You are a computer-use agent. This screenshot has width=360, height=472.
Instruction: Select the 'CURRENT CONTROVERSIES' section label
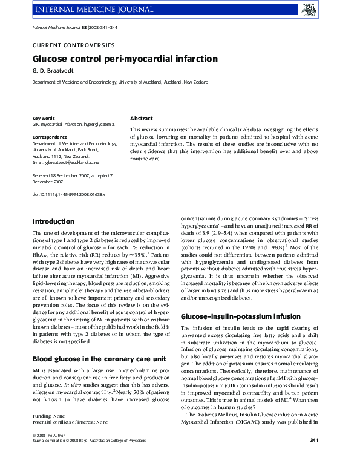click(x=73, y=45)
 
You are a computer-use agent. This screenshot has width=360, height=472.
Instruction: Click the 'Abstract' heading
click(x=142, y=119)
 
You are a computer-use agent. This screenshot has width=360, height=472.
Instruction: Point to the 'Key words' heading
click(x=44, y=118)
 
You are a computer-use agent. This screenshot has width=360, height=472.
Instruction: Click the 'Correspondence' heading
click(x=50, y=137)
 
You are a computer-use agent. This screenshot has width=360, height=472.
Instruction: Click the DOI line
click(x=68, y=194)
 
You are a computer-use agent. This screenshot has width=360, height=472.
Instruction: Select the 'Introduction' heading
click(x=53, y=221)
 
